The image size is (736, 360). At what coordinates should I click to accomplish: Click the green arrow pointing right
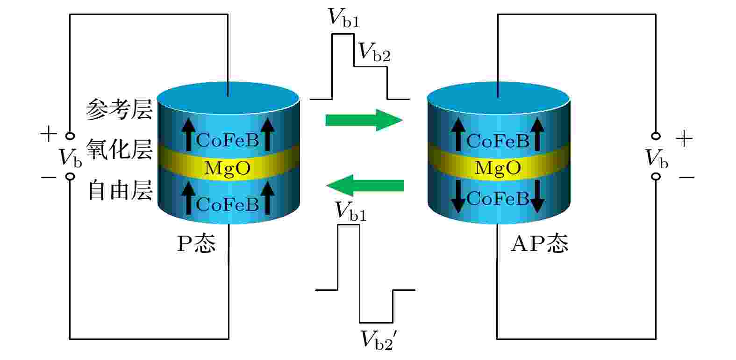[364, 120]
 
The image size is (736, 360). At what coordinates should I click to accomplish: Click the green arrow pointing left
[364, 186]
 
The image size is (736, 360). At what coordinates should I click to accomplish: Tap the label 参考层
[119, 109]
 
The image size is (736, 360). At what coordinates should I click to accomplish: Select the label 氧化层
[119, 150]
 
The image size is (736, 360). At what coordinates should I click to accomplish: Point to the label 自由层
[120, 190]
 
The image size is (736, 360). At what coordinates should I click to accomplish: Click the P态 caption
[196, 244]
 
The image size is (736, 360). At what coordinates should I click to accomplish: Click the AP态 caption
[540, 244]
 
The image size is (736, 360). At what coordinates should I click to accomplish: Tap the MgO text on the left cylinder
[228, 168]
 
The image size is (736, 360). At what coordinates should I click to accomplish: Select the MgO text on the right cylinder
[498, 168]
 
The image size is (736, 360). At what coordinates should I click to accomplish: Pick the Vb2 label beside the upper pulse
[374, 52]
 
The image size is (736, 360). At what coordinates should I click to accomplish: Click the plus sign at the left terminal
[49, 134]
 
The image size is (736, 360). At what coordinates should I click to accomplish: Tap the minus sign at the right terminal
[686, 178]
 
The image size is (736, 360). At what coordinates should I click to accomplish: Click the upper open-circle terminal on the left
[70, 136]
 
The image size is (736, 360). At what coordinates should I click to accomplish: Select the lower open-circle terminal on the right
[656, 177]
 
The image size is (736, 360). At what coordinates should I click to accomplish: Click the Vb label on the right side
[657, 158]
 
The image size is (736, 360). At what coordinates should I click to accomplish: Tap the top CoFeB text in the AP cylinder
[498, 141]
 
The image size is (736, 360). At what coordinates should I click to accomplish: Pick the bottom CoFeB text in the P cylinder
[228, 204]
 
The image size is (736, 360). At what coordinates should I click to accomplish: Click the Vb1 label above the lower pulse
[350, 211]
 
